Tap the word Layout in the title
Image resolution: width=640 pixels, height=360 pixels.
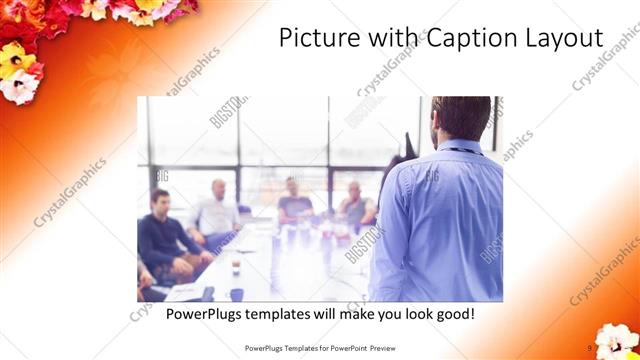click(563, 39)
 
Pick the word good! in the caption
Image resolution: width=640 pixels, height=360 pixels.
click(452, 314)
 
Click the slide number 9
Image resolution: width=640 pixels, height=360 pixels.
click(590, 348)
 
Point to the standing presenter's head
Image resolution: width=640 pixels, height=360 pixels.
click(461, 118)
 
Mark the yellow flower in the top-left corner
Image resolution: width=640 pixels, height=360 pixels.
click(16, 59)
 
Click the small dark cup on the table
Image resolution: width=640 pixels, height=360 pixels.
click(235, 266)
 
